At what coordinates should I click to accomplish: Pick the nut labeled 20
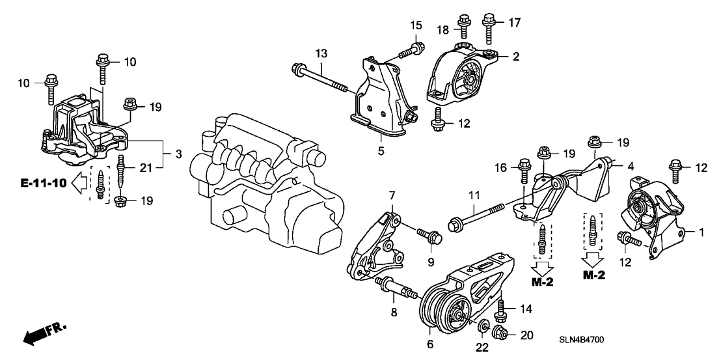[x=502, y=335]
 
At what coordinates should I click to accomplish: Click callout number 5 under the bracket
[x=381, y=151]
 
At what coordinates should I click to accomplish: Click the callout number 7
[x=392, y=195]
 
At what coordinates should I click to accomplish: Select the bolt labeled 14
[x=501, y=308]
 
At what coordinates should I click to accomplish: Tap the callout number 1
[x=701, y=232]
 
